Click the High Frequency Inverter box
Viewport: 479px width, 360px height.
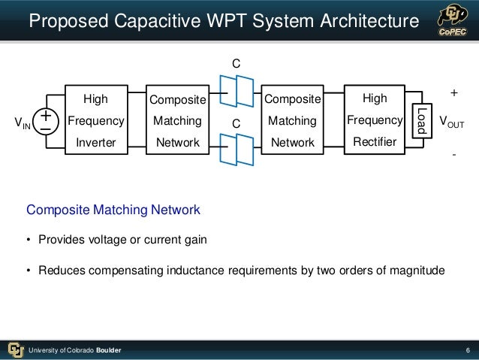(95, 120)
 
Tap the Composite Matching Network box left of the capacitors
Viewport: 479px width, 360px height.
(177, 120)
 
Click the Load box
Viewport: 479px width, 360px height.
(421, 120)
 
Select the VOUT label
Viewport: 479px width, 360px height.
(451, 122)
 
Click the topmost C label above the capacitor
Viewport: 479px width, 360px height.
(236, 65)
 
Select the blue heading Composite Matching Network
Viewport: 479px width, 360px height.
(113, 210)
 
